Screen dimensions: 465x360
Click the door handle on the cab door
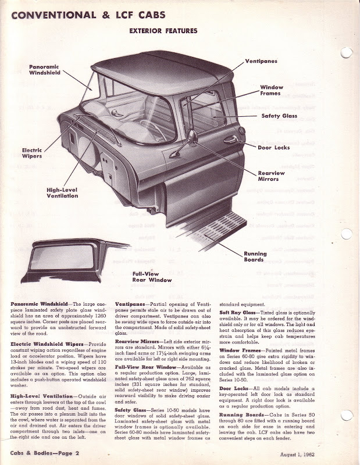[230, 139]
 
